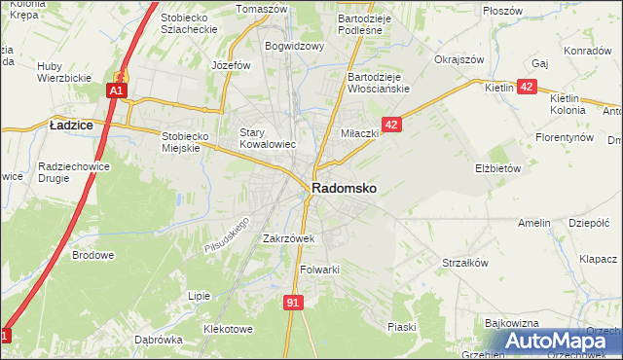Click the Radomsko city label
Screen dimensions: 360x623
coord(345,188)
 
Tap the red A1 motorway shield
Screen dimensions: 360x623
coord(116,90)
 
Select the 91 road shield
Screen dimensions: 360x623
coord(293,303)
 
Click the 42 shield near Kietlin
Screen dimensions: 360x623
coord(527,88)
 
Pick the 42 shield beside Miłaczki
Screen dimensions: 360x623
coord(391,125)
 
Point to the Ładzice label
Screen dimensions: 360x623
coord(71,125)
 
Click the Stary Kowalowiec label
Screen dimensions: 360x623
coord(268,139)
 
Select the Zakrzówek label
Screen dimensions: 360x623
coord(288,238)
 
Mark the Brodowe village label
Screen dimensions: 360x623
coord(93,256)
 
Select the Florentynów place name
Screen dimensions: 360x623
coord(564,137)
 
